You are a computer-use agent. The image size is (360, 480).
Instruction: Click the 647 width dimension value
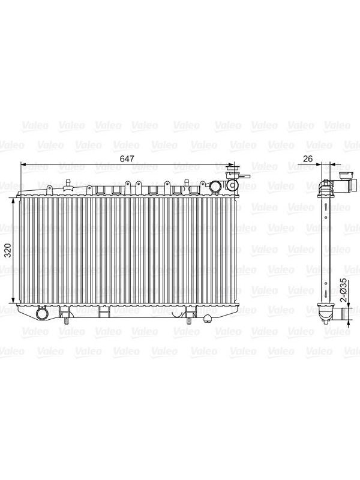pos(127,159)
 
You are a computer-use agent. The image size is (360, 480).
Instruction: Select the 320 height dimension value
pos(8,250)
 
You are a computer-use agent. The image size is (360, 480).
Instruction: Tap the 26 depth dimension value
pos(307,159)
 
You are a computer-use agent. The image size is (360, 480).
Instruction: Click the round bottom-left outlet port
pos(41,312)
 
